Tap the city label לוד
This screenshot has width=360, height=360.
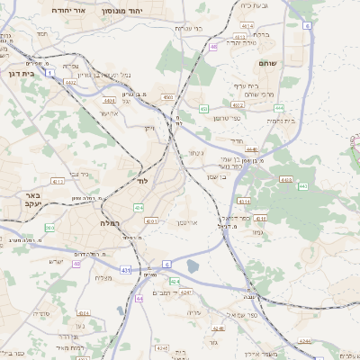pyautogui.click(x=141, y=181)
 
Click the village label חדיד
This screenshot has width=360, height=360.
pyautogui.click(x=237, y=140)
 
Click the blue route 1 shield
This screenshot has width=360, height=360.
pyautogui.click(x=51, y=72)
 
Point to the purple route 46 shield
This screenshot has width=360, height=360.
pyautogui.click(x=213, y=46)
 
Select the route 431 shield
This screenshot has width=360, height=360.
pyautogui.click(x=126, y=270)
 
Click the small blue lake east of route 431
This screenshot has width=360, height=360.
pyautogui.click(x=193, y=266)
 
